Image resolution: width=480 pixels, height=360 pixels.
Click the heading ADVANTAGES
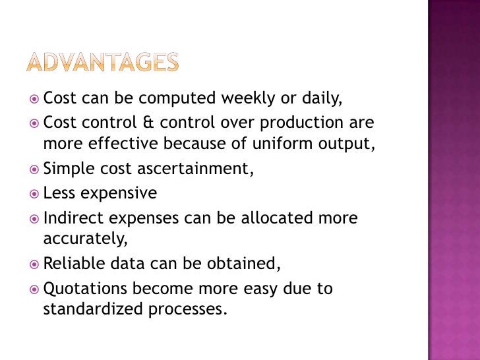click(102, 63)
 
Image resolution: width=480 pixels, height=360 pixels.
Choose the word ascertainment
click(195, 169)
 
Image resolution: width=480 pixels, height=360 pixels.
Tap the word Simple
click(66, 169)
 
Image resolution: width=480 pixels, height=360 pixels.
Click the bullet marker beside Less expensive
click(34, 194)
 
